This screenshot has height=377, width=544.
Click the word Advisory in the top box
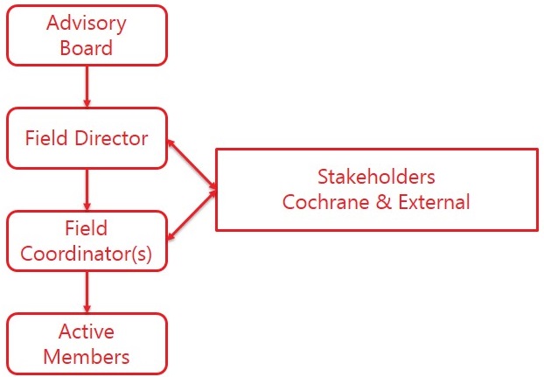click(x=87, y=23)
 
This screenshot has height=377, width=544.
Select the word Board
click(x=87, y=47)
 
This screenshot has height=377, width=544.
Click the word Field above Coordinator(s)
click(x=87, y=228)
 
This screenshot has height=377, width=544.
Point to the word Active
click(x=87, y=332)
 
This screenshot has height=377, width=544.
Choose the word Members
click(x=87, y=356)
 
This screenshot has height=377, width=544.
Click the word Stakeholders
click(x=376, y=178)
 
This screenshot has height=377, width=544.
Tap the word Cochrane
click(x=320, y=202)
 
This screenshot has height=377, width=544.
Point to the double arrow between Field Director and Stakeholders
click(x=191, y=164)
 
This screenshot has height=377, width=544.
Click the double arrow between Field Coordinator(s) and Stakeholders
click(x=191, y=214)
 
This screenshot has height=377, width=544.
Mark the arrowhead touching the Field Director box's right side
click(x=171, y=141)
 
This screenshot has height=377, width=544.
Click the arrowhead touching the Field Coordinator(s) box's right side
click(x=171, y=234)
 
